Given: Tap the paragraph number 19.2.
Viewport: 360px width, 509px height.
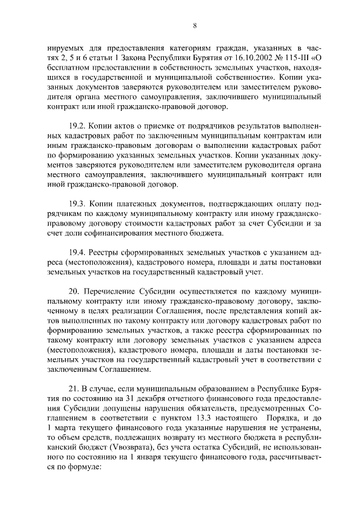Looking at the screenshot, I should [x=76, y=123].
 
